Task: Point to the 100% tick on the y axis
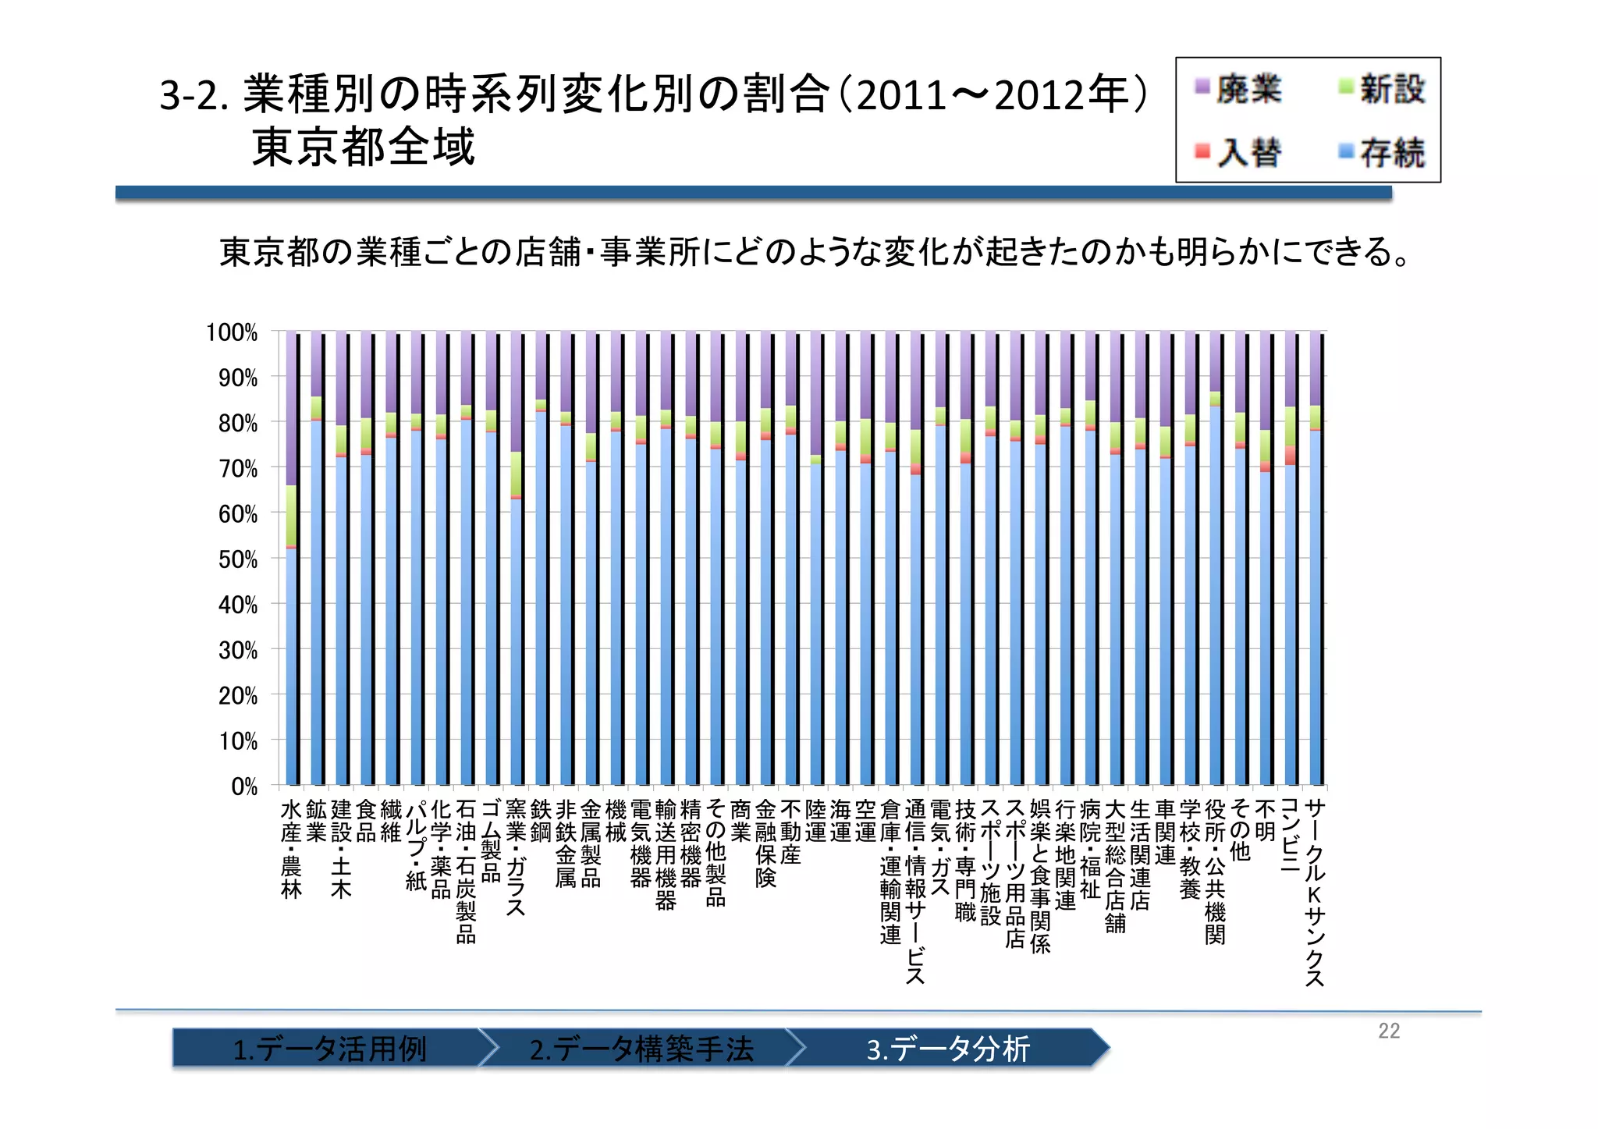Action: pos(232,332)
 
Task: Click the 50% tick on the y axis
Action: pos(237,559)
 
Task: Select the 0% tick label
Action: pos(243,786)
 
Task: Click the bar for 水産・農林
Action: pos(292,663)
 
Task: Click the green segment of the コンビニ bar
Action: pos(1291,427)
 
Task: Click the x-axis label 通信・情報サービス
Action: pos(915,890)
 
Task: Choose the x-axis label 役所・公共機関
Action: pos(1215,871)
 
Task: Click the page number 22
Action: pos(1389,1031)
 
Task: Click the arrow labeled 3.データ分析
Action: pos(948,1048)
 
